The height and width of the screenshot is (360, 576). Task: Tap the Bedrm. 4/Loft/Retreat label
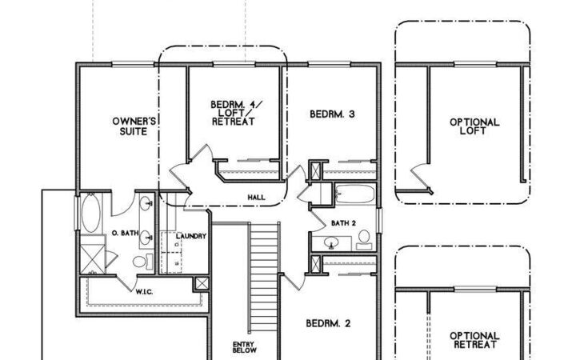233,114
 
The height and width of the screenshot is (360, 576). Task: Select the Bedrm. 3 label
332,114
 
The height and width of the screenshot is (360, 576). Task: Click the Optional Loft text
474,127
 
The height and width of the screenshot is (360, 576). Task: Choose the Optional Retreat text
474,340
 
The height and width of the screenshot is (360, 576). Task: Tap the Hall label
257,196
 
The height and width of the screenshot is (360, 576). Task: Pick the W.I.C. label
145,290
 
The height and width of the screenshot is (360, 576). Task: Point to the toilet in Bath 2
364,238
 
